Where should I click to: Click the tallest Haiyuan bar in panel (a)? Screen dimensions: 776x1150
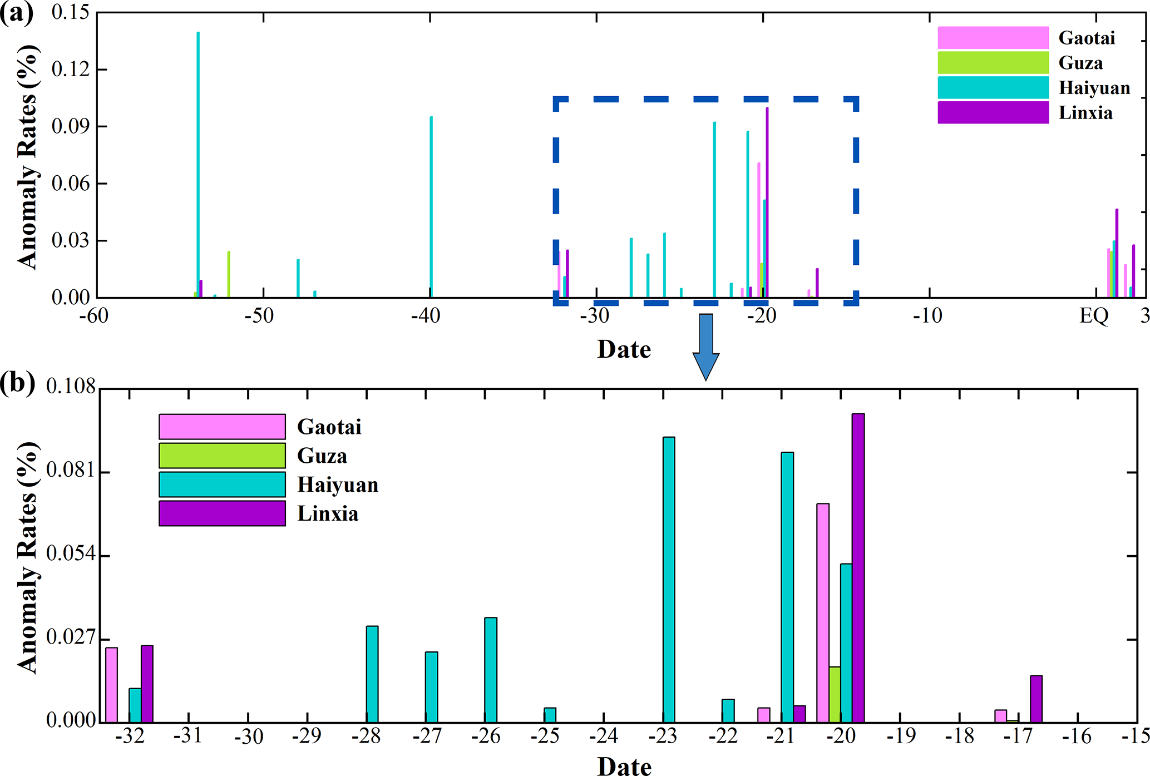click(x=198, y=167)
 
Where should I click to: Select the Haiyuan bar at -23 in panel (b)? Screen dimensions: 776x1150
click(x=669, y=579)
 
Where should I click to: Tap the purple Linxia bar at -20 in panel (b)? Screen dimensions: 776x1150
click(x=858, y=567)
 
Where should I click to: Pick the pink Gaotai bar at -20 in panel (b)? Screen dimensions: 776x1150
click(x=823, y=612)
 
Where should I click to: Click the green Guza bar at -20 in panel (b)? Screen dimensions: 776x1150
click(x=835, y=694)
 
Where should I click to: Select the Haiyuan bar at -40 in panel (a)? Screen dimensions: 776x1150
click(x=431, y=206)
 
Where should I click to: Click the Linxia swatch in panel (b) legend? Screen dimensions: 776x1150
click(x=222, y=513)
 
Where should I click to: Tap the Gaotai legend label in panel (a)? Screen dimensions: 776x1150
click(x=1087, y=38)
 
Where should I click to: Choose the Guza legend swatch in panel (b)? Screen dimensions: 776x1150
click(x=222, y=456)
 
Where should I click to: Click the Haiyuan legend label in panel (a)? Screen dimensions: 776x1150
click(x=1094, y=88)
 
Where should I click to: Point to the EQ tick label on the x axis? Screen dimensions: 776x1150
click(x=1094, y=316)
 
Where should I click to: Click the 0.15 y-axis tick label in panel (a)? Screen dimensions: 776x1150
click(x=70, y=12)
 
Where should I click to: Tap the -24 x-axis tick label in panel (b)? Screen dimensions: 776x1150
click(x=604, y=737)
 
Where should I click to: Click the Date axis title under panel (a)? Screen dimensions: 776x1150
click(x=624, y=349)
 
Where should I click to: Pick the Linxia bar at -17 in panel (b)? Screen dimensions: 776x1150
click(x=1036, y=699)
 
